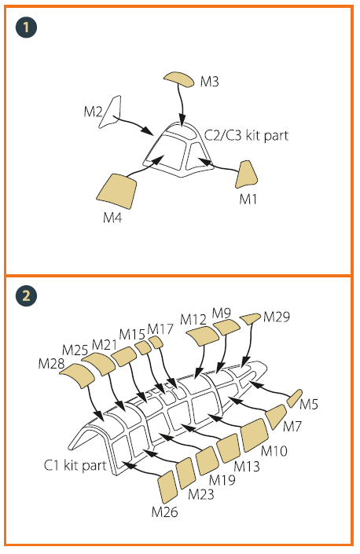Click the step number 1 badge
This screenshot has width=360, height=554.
(x=26, y=28)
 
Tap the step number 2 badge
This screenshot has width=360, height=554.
(x=26, y=295)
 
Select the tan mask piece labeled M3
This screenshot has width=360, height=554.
(x=178, y=79)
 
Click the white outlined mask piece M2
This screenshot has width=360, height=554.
(x=110, y=112)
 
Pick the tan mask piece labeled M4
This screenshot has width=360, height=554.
(x=116, y=191)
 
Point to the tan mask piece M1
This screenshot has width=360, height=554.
(x=246, y=174)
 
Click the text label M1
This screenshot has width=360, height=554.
(x=248, y=200)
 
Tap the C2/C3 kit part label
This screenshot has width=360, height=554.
(x=246, y=135)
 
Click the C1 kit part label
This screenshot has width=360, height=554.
(x=75, y=465)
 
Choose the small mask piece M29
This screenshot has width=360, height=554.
(x=251, y=318)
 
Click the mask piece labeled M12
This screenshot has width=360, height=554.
(x=203, y=336)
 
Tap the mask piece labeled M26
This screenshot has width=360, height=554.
(x=167, y=487)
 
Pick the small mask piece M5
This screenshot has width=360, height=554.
(x=294, y=398)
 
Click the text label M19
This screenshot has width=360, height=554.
(x=222, y=480)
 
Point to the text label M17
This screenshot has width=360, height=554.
(x=160, y=329)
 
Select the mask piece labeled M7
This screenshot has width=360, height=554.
(x=276, y=416)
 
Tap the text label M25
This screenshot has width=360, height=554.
(x=75, y=350)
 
